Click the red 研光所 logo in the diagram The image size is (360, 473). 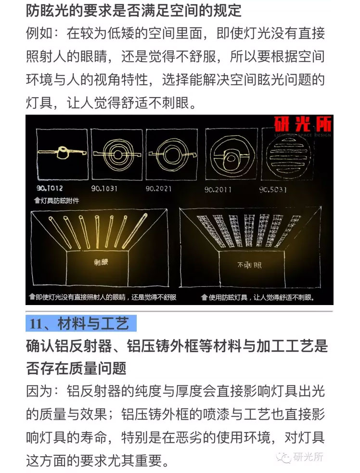(x=303, y=124)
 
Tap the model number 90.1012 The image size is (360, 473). (x=50, y=188)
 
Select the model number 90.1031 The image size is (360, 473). (x=104, y=189)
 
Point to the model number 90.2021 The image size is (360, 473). (x=158, y=189)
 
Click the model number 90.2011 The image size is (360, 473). (x=218, y=190)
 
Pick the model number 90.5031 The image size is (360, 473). (x=273, y=190)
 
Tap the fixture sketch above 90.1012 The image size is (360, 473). (x=62, y=153)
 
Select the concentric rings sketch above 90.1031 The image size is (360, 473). (x=117, y=154)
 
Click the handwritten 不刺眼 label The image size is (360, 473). (x=249, y=265)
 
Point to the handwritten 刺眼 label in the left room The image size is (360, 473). (x=101, y=262)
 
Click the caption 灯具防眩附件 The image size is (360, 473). (x=57, y=201)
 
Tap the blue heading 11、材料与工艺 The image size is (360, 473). (x=81, y=323)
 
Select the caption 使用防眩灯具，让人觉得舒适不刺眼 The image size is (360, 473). (x=258, y=297)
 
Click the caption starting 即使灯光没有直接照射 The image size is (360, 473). (x=103, y=297)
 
